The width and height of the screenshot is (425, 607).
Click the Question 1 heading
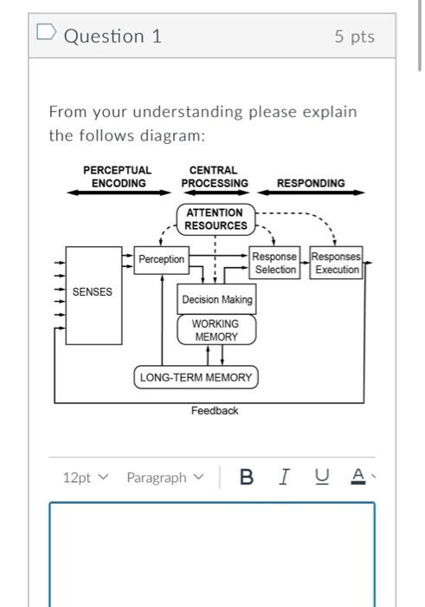(113, 36)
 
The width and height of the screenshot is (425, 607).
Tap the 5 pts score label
(355, 37)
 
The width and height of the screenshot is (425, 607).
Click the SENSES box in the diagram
(92, 292)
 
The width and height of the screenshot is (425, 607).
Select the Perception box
(162, 259)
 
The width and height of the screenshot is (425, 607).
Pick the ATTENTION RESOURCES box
(216, 219)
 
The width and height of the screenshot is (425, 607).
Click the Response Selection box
(275, 264)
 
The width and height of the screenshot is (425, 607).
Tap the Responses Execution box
(336, 264)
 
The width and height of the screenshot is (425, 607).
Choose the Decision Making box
(216, 300)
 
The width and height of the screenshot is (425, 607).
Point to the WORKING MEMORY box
(216, 330)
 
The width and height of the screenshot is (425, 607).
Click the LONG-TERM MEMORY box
(196, 378)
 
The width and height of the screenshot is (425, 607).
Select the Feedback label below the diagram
(215, 411)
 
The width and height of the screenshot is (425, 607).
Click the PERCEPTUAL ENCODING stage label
(117, 177)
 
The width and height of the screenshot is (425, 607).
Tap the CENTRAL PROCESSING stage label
(215, 177)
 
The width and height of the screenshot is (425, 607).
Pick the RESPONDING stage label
(311, 183)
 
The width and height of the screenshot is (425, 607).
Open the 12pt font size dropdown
(87, 478)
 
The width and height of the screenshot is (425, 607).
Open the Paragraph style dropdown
(164, 478)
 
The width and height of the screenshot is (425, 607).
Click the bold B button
(247, 477)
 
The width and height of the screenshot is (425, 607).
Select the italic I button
(284, 477)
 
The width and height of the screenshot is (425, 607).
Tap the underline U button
(321, 477)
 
